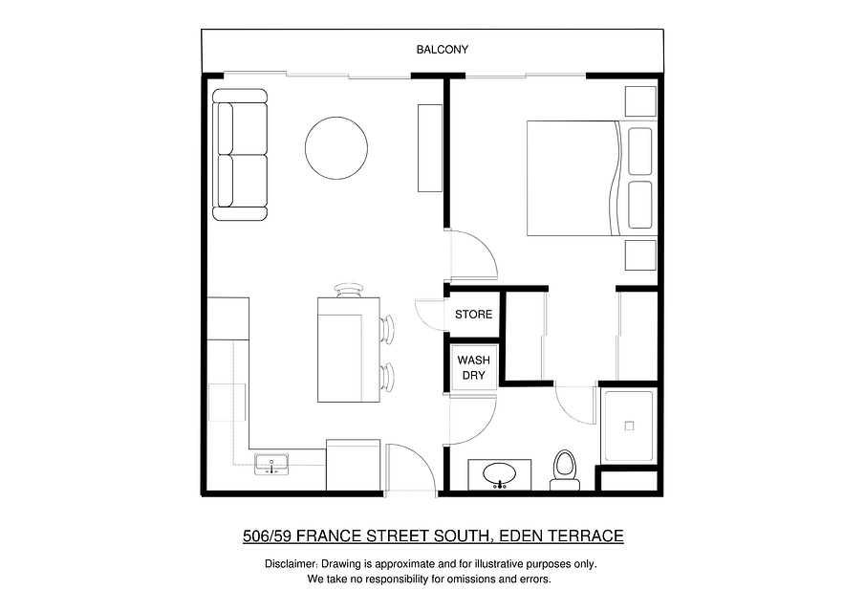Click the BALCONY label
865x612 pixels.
click(x=442, y=50)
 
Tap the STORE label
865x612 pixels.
click(x=473, y=315)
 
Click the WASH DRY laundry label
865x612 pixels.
click(x=473, y=367)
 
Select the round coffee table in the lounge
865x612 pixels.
click(x=336, y=148)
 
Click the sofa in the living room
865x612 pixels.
click(x=240, y=155)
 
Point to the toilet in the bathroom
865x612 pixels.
click(x=564, y=470)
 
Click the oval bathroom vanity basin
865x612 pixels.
click(x=500, y=473)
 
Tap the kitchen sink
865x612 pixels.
click(x=271, y=465)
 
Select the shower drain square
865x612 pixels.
click(x=629, y=426)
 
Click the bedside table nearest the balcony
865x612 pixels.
click(x=640, y=101)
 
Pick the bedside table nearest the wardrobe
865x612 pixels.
click(x=640, y=255)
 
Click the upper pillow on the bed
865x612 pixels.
click(x=640, y=151)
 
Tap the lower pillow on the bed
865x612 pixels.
click(x=640, y=205)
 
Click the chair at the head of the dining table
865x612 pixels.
click(x=349, y=291)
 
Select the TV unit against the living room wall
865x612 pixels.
click(x=430, y=148)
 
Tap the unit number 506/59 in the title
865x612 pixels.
click(x=267, y=535)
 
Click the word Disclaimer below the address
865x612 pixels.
click(x=291, y=564)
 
